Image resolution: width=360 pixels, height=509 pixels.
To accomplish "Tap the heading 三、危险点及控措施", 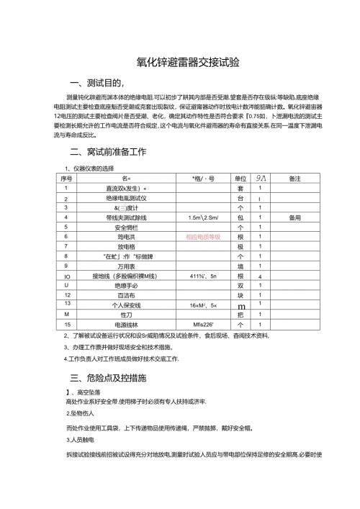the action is (x=107, y=377).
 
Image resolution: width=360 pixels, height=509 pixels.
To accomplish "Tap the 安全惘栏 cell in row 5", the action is (x=127, y=226).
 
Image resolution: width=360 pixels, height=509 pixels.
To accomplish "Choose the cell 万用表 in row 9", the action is (x=127, y=265).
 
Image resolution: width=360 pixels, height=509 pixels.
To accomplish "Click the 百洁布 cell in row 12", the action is (x=127, y=294).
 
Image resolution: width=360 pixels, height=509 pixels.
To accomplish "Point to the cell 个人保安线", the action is (x=127, y=305).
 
